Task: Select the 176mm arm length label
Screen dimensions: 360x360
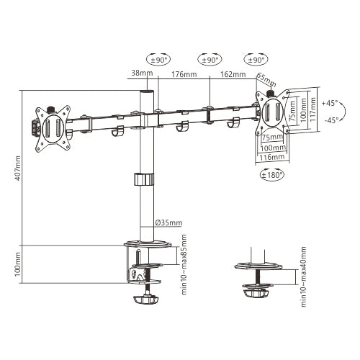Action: click(x=185, y=74)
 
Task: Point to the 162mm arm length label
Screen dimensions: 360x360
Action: click(x=233, y=74)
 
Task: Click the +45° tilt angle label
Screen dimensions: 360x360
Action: click(x=330, y=102)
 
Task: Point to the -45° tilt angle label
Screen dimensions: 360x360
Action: click(x=330, y=121)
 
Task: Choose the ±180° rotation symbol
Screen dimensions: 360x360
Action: click(x=273, y=174)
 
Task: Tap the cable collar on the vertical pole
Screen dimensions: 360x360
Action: click(x=143, y=179)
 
